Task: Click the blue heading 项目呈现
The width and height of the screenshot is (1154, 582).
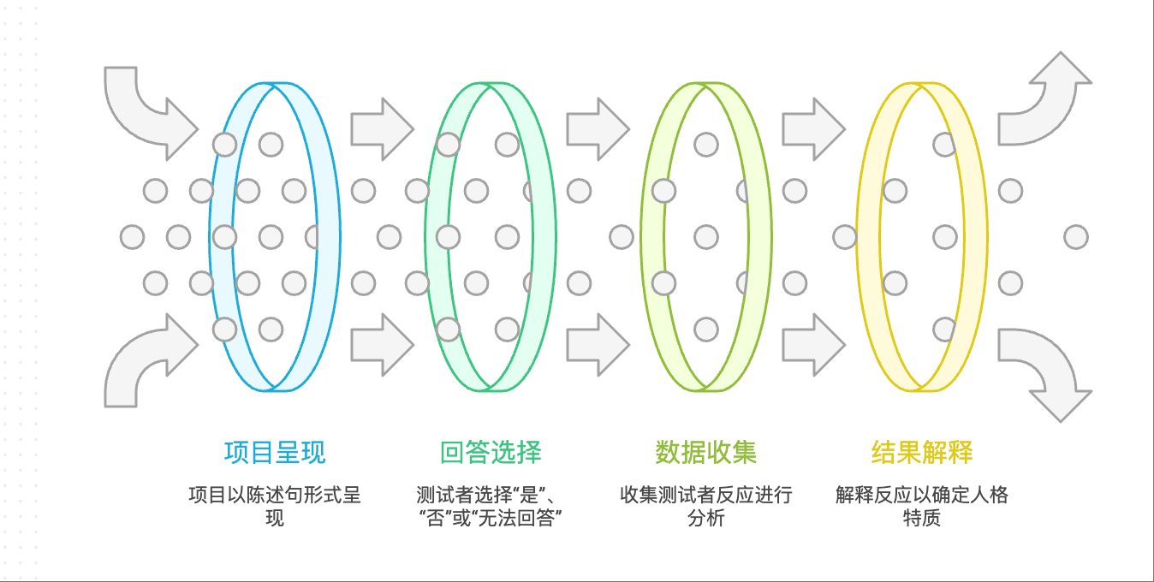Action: [275, 452]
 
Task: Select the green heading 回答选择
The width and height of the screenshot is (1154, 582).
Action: [491, 452]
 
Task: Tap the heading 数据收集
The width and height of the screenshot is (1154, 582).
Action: [706, 452]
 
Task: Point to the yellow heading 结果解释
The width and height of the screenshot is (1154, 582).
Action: [922, 452]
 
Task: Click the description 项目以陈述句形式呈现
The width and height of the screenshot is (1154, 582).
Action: [275, 506]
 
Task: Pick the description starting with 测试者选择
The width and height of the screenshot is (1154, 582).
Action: [491, 506]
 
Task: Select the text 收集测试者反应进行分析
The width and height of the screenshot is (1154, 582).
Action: [706, 506]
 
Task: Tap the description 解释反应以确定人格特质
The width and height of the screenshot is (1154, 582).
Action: [922, 506]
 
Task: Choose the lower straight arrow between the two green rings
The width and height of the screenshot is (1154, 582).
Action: [598, 345]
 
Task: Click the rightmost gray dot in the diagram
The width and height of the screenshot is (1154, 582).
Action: [1076, 237]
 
